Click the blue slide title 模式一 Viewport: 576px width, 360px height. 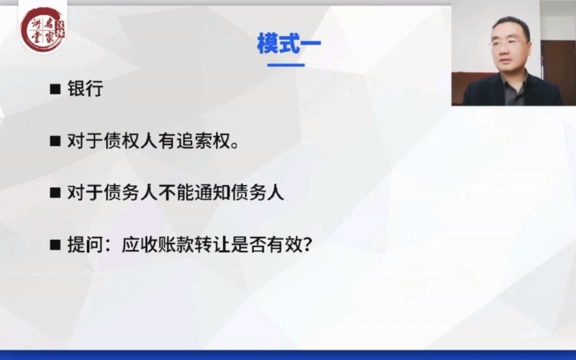[288, 43]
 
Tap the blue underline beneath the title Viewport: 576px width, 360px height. [286, 65]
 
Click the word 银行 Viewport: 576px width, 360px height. [85, 89]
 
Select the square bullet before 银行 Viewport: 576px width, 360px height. [55, 89]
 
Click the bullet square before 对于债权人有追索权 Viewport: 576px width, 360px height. [55, 142]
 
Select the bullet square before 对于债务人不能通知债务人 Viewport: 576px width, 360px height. [55, 193]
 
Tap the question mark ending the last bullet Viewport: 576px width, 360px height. [306, 245]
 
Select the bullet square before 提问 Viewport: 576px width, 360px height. [55, 245]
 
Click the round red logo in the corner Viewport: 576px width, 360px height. [42, 28]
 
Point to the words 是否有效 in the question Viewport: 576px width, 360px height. [265, 245]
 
